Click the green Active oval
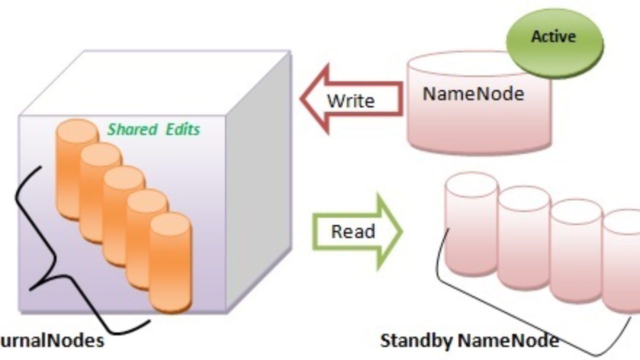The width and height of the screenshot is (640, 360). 554,42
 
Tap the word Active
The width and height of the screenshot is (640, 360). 553,36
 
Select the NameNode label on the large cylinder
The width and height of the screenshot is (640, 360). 473,93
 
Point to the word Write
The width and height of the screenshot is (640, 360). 351,101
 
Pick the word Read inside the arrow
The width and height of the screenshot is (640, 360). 353,231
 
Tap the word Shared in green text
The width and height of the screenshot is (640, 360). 132,129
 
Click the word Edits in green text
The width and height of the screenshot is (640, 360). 183,129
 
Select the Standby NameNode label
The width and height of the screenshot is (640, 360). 469,341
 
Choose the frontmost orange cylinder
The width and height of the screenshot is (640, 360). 170,260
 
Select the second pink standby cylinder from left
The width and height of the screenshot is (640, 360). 523,240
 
